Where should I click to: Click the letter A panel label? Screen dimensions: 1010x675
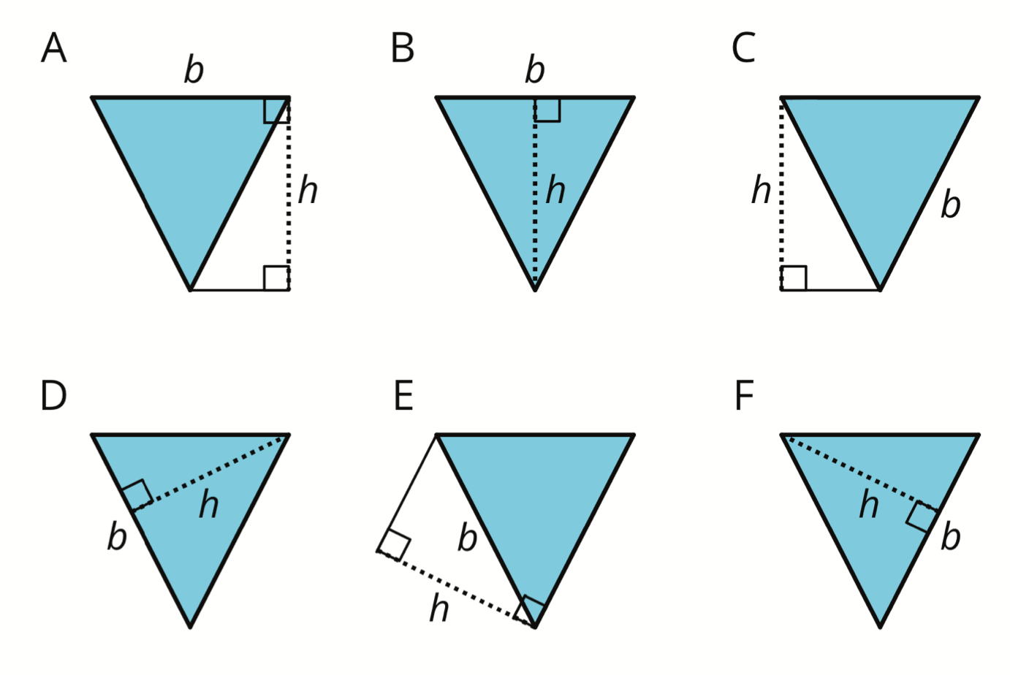(53, 47)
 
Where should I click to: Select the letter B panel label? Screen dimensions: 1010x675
(402, 47)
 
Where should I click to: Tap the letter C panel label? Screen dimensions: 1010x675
(743, 47)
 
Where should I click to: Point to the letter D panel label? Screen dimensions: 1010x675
(53, 395)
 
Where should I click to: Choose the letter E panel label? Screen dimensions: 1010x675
(403, 395)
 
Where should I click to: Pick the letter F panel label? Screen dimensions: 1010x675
(744, 395)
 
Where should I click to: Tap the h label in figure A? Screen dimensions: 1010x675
(308, 190)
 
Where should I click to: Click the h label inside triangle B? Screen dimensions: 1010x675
(555, 190)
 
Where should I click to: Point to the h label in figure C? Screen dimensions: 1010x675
(761, 190)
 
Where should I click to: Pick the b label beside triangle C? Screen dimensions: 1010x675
(951, 204)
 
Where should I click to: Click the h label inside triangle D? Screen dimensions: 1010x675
(209, 504)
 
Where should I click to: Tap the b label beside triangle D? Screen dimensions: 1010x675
(117, 535)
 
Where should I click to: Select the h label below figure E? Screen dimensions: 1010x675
(439, 608)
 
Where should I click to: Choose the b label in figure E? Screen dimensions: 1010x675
(467, 537)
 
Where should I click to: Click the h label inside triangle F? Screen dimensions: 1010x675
(869, 504)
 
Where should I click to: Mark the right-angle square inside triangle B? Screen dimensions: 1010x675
(547, 110)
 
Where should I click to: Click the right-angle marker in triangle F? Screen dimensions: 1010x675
(922, 516)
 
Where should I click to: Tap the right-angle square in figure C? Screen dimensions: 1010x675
(794, 278)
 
